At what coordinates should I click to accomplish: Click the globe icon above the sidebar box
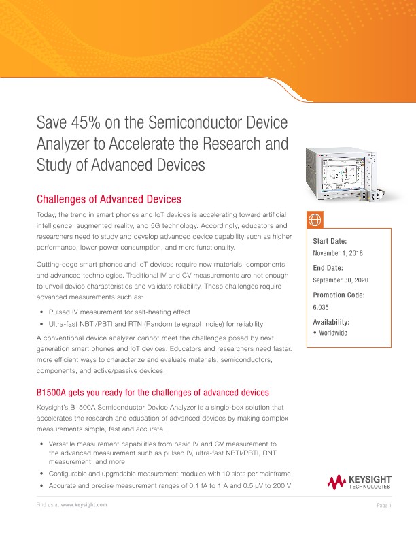point(315,220)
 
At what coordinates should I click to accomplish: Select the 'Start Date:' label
point(330,242)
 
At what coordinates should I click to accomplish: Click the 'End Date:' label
point(328,268)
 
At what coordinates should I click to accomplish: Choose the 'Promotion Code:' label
point(339,295)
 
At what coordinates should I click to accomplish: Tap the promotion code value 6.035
point(320,306)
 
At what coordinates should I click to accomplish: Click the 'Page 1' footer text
point(384,505)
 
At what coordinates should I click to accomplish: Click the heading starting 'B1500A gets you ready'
point(153,393)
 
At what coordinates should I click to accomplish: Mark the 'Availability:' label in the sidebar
point(330,321)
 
